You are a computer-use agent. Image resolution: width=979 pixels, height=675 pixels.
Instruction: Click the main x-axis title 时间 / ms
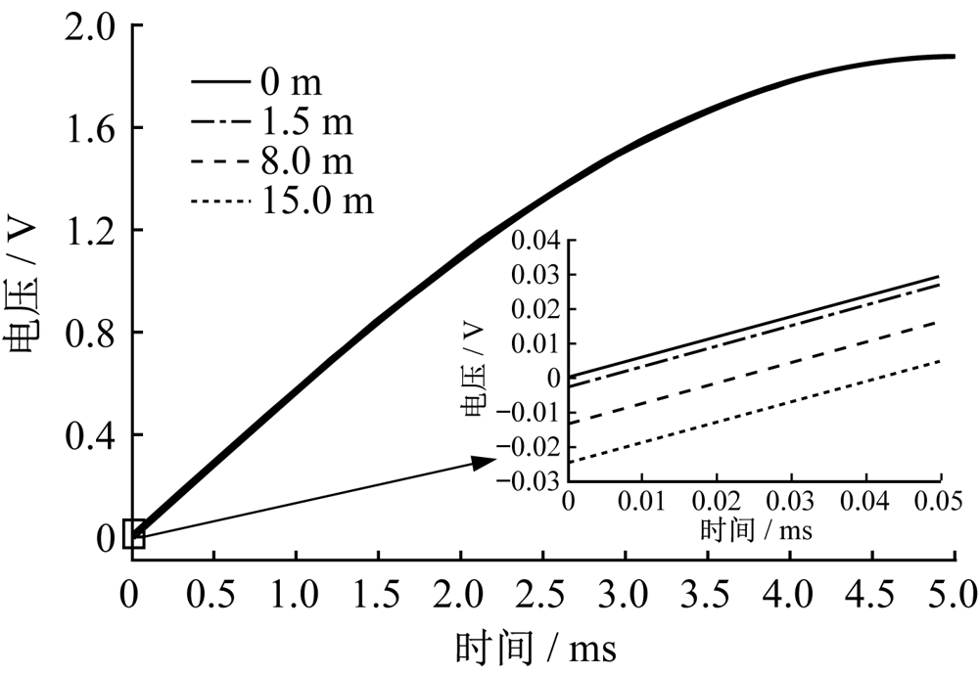536,648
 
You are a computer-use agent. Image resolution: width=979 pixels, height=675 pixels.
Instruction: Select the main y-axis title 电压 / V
23,284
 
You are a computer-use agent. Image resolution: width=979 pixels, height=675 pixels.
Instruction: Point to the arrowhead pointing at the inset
487,461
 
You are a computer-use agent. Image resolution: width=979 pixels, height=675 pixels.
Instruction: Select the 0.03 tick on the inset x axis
791,502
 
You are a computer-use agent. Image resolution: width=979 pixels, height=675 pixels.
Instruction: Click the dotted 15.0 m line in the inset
754,411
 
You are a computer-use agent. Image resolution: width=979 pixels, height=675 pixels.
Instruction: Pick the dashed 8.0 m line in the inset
754,372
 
